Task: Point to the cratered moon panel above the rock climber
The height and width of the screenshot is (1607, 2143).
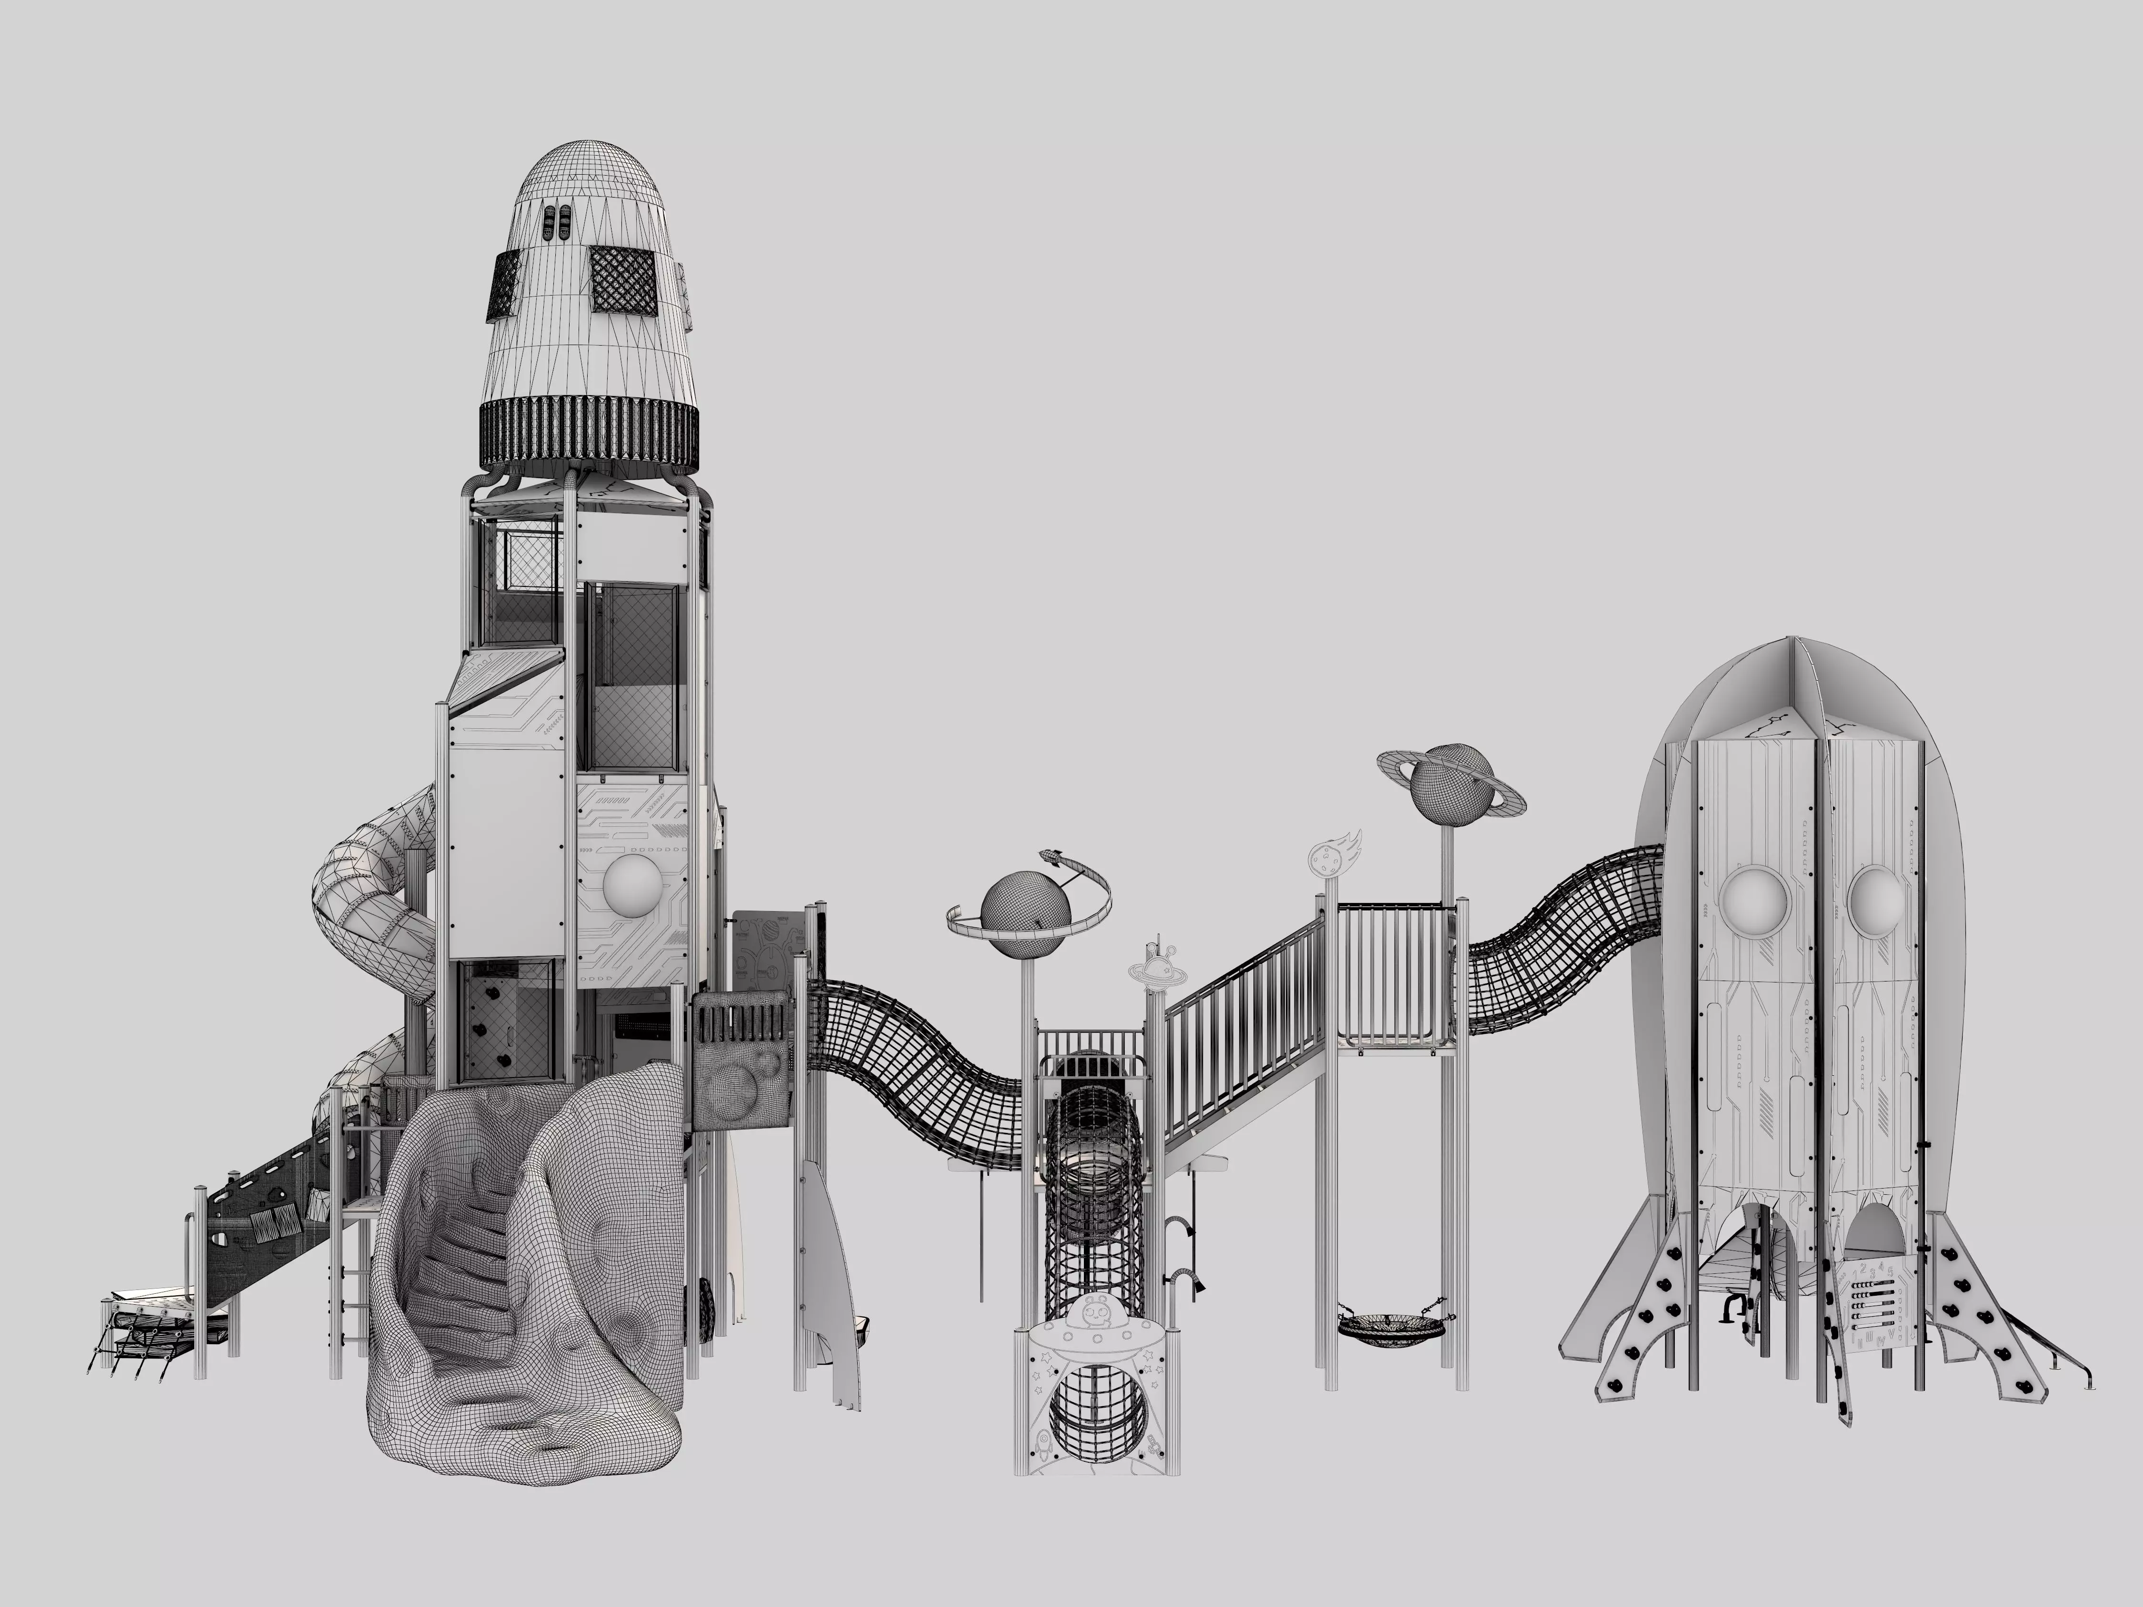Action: tap(742, 1090)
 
